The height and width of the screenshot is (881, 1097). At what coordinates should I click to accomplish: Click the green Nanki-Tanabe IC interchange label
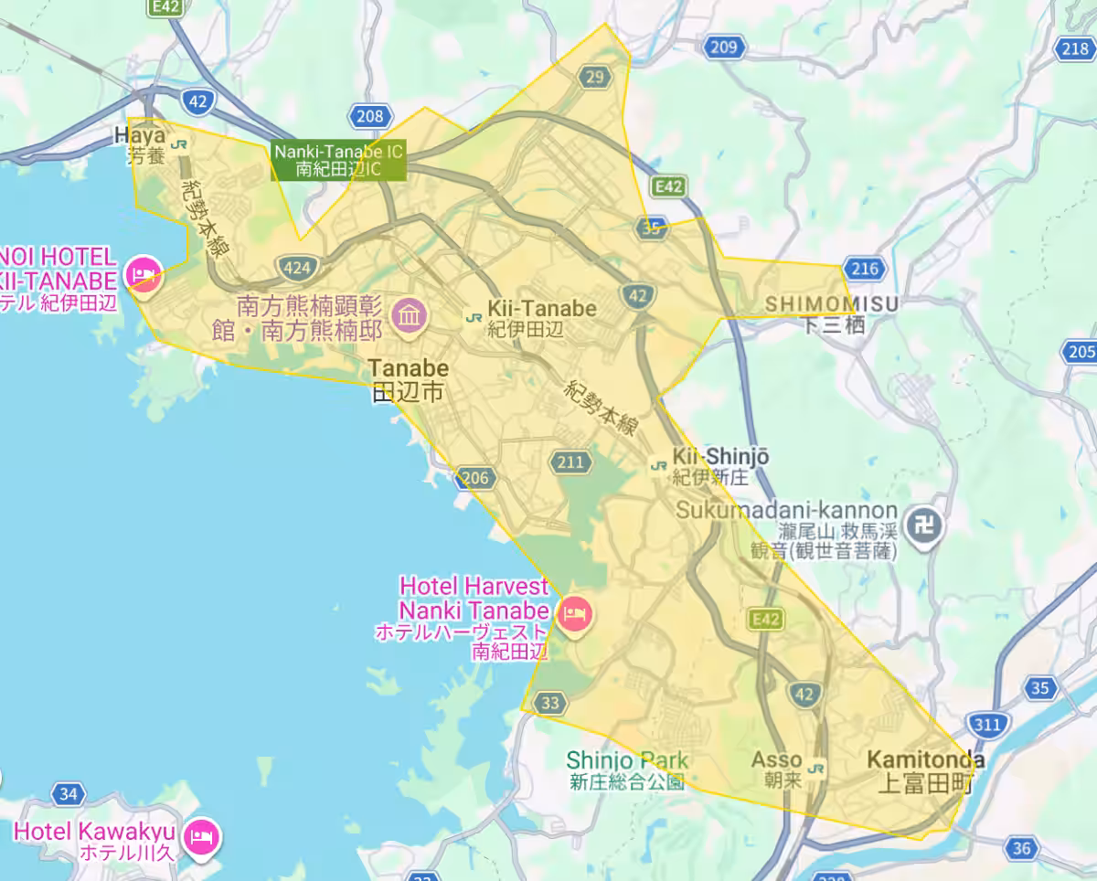337,161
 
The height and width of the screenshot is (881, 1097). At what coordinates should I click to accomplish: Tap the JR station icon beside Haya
181,143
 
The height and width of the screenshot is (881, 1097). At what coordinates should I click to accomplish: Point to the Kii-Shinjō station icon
657,466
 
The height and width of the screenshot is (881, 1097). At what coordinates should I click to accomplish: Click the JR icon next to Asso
817,769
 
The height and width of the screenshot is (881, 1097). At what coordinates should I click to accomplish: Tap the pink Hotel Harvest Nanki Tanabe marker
574,610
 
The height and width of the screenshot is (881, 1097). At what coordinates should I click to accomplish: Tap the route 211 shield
570,462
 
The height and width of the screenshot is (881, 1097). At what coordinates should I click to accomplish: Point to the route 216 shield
865,269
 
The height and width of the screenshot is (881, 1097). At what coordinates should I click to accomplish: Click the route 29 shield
595,77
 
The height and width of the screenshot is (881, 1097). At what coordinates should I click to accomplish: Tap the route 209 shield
723,48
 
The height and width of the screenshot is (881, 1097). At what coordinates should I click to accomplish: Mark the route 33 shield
549,703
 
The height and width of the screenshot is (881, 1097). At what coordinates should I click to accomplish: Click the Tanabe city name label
409,380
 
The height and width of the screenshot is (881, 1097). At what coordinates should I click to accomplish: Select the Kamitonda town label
925,770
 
